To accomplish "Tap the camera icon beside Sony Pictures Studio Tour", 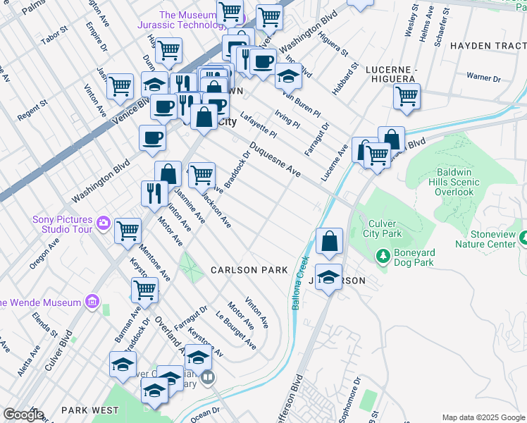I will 104,223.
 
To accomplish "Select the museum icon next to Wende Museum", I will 91,302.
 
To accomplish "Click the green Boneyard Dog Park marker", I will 383,256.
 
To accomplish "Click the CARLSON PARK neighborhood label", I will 249,270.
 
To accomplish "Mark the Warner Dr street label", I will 482,76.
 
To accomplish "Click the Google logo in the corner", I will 23,415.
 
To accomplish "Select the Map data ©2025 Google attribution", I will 483,417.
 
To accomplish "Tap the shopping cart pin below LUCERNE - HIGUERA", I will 407,97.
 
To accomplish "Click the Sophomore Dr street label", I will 349,400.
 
